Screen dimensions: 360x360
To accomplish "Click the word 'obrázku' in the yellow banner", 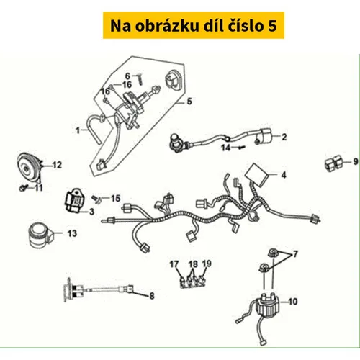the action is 167,26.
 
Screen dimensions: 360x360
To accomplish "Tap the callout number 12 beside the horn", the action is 57,165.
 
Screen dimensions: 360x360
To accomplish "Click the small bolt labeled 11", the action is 23,188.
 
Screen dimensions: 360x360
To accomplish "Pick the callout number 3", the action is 91,212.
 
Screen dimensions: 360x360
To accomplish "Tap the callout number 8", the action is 152,296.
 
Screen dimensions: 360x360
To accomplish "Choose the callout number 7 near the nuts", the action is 295,253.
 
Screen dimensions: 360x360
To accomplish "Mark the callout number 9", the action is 356,161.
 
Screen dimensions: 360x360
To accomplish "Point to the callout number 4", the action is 284,175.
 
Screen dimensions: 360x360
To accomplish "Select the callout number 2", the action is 284,137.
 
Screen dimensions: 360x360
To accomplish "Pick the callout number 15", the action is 115,198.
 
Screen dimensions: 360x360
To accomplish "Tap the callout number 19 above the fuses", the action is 207,264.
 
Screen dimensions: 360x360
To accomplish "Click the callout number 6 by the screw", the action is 127,76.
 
